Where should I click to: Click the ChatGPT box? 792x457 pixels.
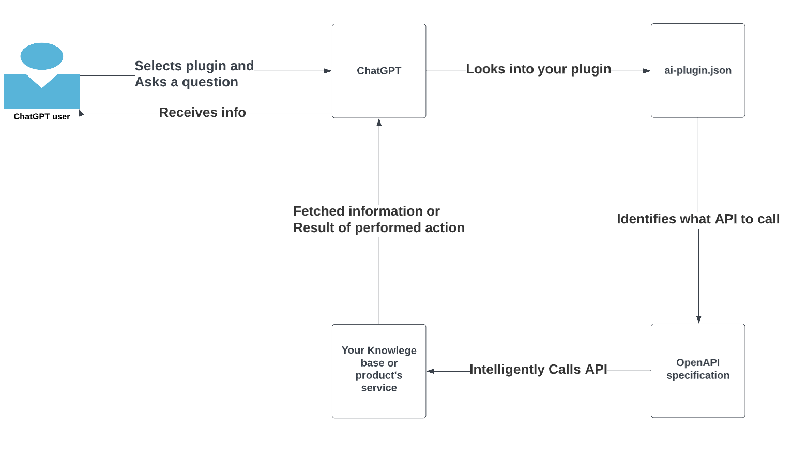coord(378,71)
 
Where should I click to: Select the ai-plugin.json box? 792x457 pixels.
coord(697,70)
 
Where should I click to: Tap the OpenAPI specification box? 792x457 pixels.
coord(697,370)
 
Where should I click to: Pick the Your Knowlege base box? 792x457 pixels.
coord(378,371)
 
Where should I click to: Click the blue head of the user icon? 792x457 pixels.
coord(42,56)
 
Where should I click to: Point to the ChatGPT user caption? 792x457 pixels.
coord(42,117)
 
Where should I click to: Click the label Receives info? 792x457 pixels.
coord(202,112)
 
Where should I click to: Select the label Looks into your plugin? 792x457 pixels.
coord(539,69)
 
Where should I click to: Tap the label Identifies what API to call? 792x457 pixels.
coord(698,219)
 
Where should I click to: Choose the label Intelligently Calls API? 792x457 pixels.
coord(538,369)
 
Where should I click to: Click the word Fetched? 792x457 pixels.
coord(319,211)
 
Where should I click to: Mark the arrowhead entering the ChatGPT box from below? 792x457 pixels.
coord(379,123)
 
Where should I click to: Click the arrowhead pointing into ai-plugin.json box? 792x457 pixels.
coord(647,71)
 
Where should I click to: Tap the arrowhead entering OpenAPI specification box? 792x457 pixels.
coord(698,319)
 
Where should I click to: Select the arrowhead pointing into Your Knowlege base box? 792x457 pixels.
coord(430,371)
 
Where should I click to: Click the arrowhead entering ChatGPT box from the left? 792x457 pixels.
coord(328,71)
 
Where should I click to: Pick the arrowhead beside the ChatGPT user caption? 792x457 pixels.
coord(81,113)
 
